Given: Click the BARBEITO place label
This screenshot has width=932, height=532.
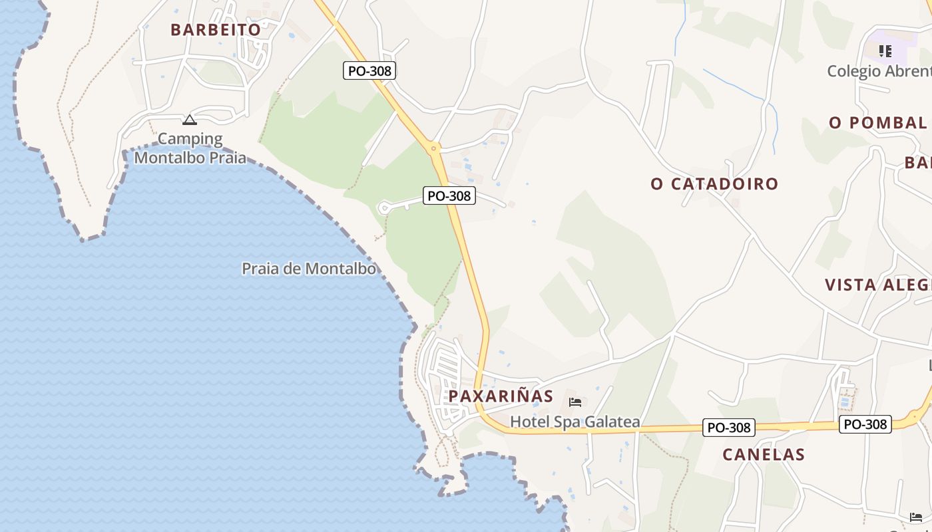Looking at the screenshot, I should tap(215, 30).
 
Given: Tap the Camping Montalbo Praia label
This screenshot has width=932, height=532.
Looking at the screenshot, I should tap(190, 148).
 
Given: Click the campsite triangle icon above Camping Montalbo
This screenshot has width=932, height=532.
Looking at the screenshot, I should tap(190, 120).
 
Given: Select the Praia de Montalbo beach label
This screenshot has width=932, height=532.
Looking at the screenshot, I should tap(309, 269).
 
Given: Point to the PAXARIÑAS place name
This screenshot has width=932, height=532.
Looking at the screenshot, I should tap(501, 396).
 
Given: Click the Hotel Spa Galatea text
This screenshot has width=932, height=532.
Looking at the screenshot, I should tap(575, 422).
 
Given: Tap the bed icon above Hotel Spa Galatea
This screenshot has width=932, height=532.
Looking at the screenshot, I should tap(575, 402).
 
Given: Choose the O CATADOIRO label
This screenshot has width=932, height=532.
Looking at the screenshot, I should tap(714, 184).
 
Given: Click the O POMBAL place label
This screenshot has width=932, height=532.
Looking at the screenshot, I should tap(877, 123).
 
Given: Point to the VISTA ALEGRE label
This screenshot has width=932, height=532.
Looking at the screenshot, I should tap(877, 285).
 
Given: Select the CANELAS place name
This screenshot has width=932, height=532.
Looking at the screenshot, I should tap(764, 455).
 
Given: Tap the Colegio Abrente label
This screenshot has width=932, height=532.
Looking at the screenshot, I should tap(879, 71).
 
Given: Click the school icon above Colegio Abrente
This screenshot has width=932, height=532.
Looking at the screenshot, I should tap(885, 51).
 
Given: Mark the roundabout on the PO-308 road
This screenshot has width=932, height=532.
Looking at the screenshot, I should tap(433, 148).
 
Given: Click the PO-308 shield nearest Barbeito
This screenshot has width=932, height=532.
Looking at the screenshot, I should tap(369, 70).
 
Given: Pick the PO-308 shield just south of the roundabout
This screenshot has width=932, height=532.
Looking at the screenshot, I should tap(449, 196).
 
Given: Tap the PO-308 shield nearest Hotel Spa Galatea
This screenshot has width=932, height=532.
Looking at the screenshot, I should tap(729, 428).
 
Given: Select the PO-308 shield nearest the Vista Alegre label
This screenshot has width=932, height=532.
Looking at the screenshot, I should tap(865, 424).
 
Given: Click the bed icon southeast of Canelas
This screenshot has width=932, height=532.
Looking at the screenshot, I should tap(916, 517).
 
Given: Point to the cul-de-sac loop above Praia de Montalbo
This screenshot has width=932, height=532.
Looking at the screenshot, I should tap(383, 208).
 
